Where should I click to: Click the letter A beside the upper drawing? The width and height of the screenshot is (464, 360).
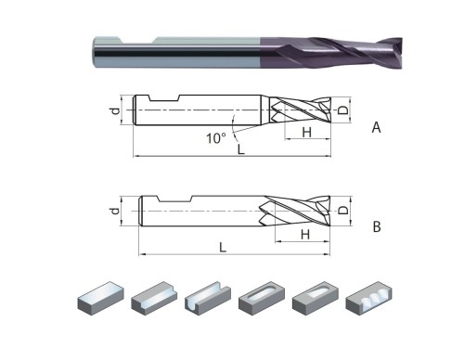coord(376,128)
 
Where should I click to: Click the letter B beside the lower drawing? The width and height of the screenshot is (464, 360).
coord(376,225)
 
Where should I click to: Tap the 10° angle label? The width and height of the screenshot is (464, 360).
coord(214,138)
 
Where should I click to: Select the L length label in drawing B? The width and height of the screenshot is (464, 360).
coord(223,248)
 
